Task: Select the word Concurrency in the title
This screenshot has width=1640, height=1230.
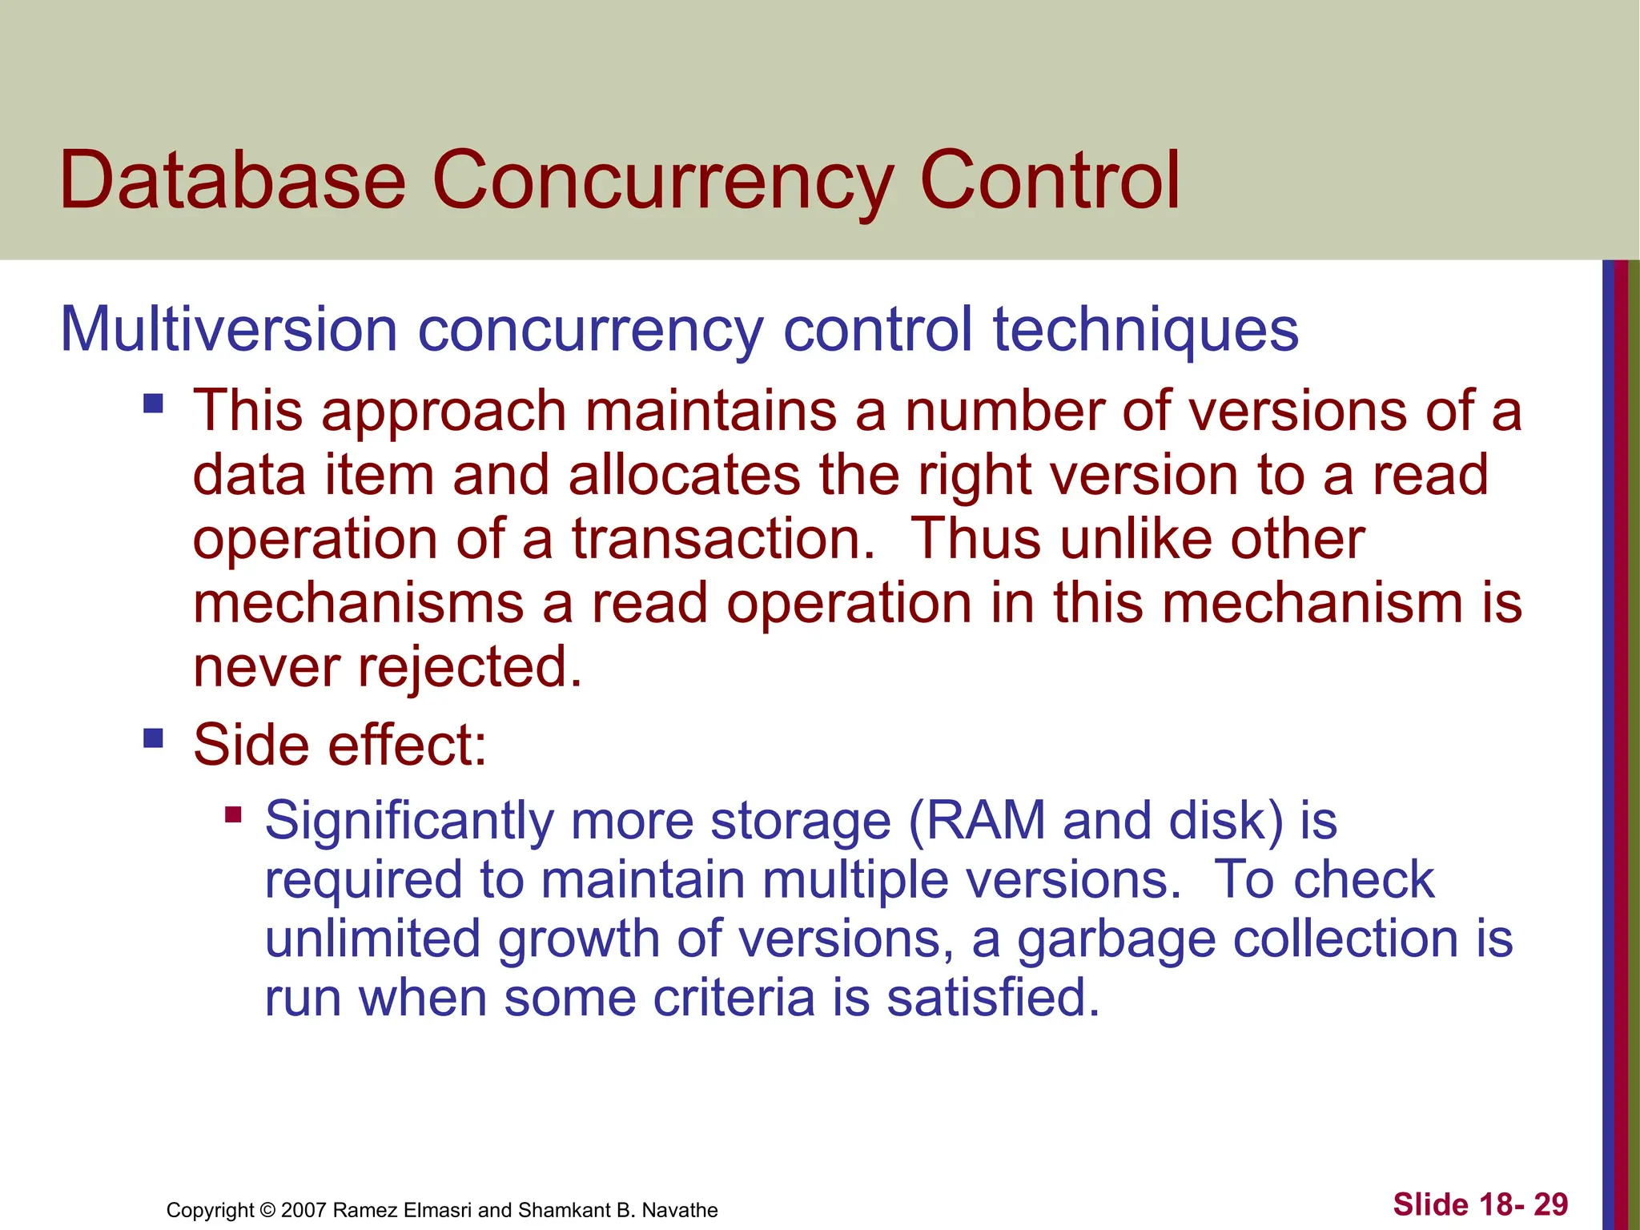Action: pyautogui.click(x=662, y=183)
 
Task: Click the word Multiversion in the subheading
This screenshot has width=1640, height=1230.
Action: pyautogui.click(x=228, y=329)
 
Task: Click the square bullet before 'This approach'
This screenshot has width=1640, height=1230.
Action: pyautogui.click(x=153, y=402)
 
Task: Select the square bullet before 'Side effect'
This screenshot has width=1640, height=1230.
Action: pyautogui.click(x=153, y=737)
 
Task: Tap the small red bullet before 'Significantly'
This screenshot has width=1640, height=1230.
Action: pyautogui.click(x=233, y=815)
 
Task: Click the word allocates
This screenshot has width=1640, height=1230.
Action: pyautogui.click(x=684, y=475)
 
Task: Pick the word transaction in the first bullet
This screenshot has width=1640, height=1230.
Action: pyautogui.click(x=723, y=539)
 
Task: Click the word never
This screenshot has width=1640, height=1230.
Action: pyautogui.click(x=265, y=669)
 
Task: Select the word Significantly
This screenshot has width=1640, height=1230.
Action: pyautogui.click(x=409, y=822)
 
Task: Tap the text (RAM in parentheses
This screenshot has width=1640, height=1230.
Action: pyautogui.click(x=976, y=822)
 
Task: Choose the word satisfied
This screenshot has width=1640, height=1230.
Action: pyautogui.click(x=993, y=999)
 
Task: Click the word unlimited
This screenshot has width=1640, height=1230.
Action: pyautogui.click(x=372, y=939)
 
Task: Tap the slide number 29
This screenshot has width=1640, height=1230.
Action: pyautogui.click(x=1550, y=1204)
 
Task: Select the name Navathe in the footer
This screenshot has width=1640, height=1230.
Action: pyautogui.click(x=680, y=1210)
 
